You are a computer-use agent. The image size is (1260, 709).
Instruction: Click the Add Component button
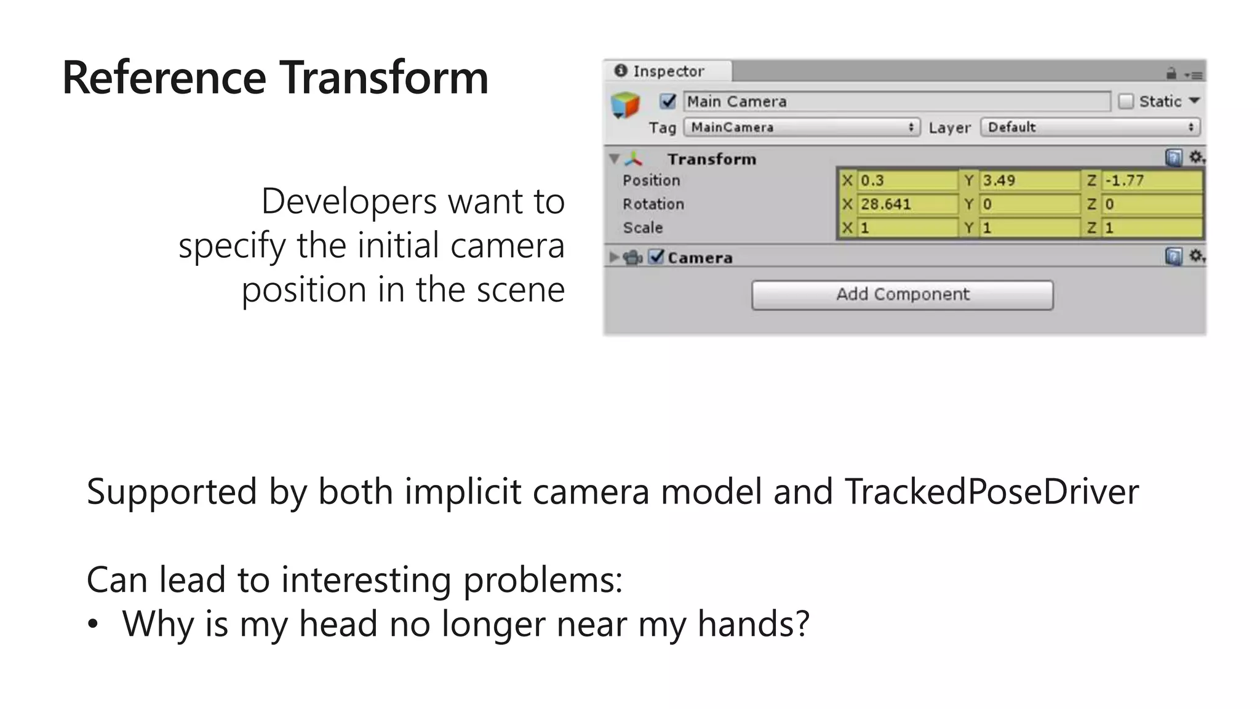coord(902,295)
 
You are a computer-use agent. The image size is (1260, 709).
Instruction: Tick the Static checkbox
coord(1126,102)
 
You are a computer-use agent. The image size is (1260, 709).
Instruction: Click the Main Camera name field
coord(896,102)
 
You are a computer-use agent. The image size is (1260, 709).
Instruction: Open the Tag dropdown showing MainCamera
coord(802,127)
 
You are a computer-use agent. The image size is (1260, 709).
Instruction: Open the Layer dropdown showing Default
coord(1090,127)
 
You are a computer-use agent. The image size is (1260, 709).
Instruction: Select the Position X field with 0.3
coord(907,180)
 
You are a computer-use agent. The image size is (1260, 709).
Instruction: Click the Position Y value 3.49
coord(1029,180)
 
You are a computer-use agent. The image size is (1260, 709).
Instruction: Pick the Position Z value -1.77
coord(1151,180)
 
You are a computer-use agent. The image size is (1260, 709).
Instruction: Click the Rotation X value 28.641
coord(907,204)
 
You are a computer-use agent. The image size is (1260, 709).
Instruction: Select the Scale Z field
coord(1151,228)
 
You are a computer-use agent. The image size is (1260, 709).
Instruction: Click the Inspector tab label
coord(668,71)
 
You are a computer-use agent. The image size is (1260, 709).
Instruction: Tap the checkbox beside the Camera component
coord(657,257)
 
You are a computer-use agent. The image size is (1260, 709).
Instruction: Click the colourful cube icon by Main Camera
coord(625,105)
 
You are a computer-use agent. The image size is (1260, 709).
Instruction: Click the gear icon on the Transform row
coord(1195,158)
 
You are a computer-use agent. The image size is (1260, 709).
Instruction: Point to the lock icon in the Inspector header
coord(1171,74)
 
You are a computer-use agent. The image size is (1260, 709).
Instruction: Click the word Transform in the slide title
coord(385,78)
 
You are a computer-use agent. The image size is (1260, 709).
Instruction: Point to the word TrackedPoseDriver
coord(992,492)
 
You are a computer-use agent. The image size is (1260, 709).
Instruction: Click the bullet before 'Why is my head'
coord(93,625)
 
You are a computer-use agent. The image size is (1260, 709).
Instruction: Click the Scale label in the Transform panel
coord(642,228)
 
